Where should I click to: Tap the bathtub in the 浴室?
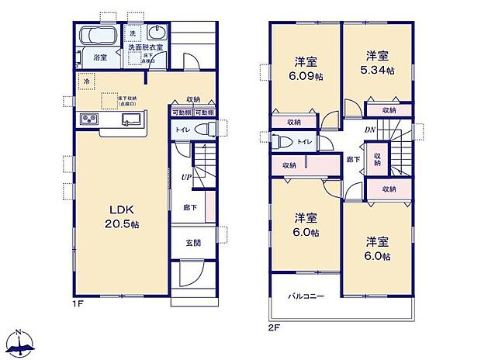tap(99, 36)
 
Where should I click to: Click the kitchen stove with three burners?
tap(87, 120)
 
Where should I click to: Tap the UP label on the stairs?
tap(187, 178)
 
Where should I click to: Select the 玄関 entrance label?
tap(193, 242)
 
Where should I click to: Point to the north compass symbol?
tap(21, 342)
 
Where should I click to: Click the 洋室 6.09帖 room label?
tap(303, 67)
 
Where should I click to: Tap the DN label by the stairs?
tap(372, 130)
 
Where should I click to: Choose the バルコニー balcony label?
tap(307, 296)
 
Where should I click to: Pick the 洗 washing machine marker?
tap(132, 33)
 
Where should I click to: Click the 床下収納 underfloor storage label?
tap(128, 100)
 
